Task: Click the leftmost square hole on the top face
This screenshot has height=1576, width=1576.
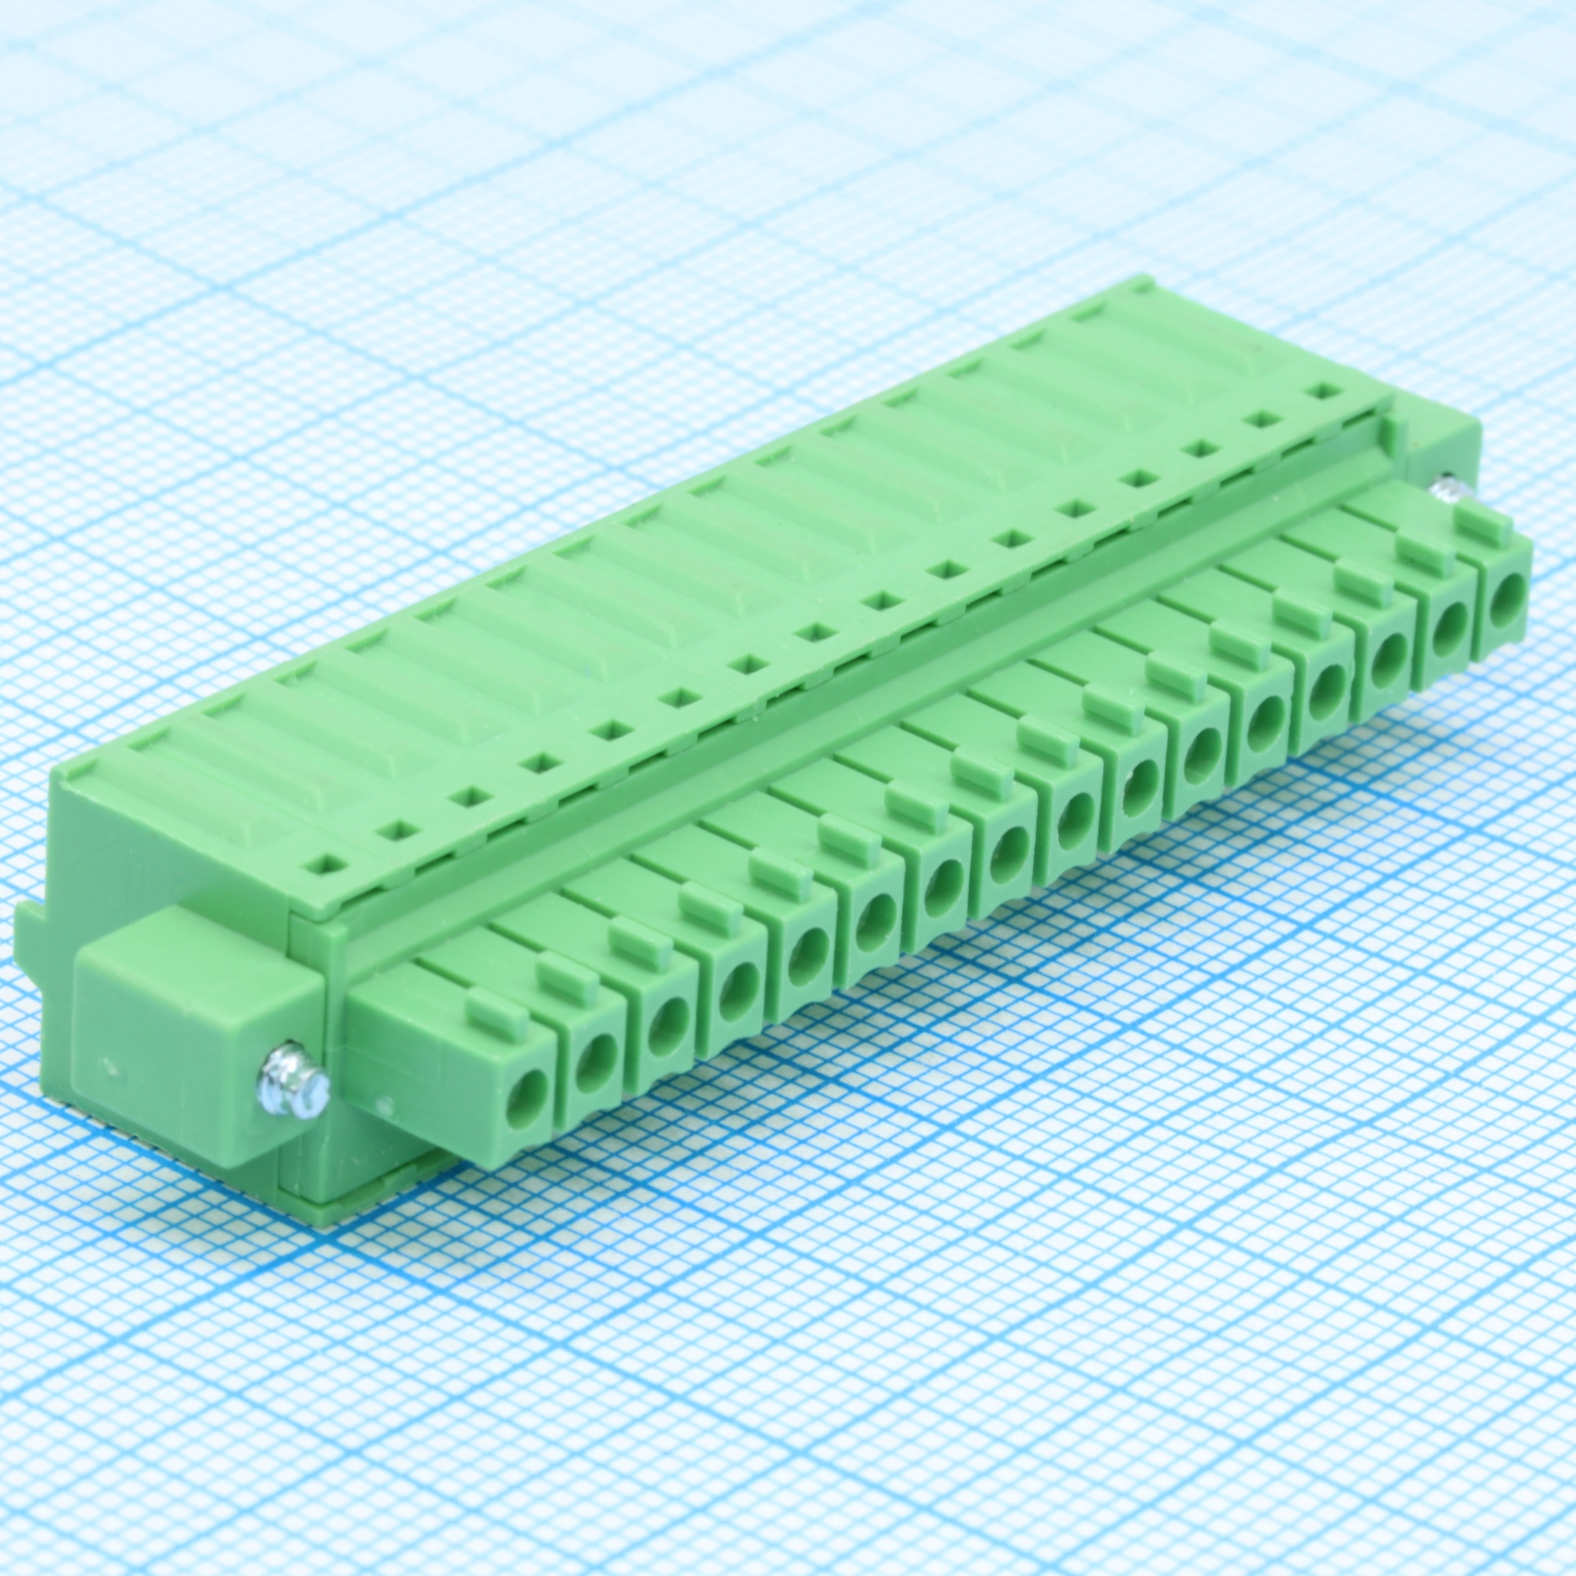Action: (x=329, y=863)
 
